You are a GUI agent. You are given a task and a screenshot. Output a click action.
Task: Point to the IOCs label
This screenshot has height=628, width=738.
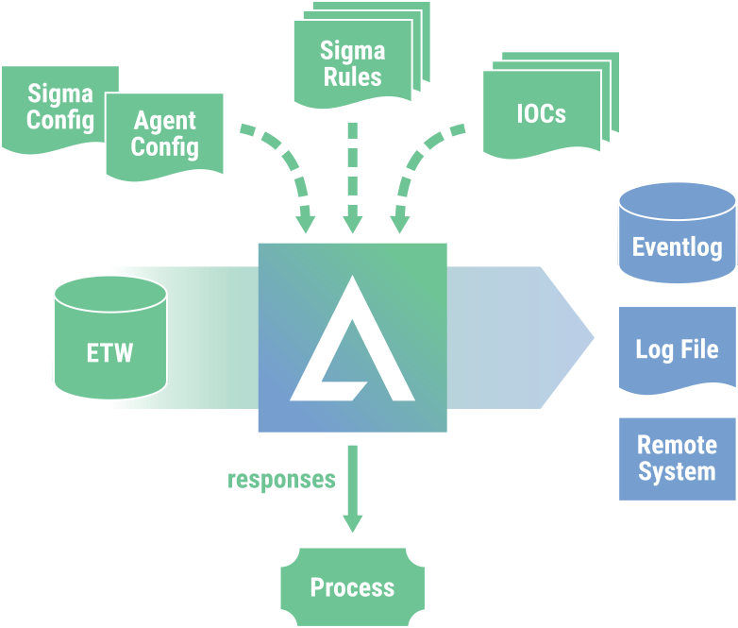(x=542, y=113)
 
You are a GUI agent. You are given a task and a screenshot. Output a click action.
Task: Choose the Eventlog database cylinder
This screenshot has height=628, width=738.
(x=677, y=236)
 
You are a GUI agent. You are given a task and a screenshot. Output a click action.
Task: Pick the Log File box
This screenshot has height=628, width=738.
(x=677, y=348)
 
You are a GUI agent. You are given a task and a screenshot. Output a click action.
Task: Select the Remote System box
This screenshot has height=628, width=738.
(x=677, y=459)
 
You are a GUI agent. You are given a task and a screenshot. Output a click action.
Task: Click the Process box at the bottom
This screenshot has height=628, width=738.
(x=352, y=587)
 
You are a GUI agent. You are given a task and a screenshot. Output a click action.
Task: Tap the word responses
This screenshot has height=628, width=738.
(x=282, y=480)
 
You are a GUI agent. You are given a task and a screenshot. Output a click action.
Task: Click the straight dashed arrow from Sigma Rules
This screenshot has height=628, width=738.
(x=352, y=175)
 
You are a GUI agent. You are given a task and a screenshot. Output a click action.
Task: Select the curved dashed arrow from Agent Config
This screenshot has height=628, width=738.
(x=283, y=165)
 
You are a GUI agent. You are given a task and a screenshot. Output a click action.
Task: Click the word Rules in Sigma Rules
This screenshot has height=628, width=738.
(x=353, y=76)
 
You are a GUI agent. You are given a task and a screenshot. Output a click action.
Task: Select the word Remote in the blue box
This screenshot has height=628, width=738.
(x=677, y=446)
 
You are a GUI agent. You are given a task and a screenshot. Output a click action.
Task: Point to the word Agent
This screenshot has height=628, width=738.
(x=165, y=121)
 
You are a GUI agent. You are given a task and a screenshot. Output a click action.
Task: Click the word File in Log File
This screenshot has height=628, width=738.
(x=698, y=348)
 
